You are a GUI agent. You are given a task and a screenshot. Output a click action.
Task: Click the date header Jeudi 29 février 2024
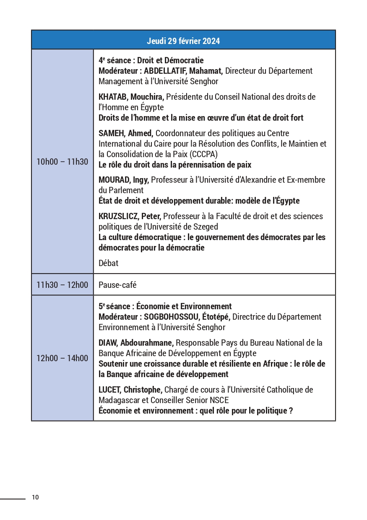coord(183,41)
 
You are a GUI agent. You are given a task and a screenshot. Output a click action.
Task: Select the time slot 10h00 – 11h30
coord(62,162)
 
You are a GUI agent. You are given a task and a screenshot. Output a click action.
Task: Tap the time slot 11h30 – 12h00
coord(62,285)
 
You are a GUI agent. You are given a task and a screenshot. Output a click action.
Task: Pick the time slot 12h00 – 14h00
coord(62,358)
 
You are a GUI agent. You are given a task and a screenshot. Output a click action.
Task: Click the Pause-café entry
coord(117,285)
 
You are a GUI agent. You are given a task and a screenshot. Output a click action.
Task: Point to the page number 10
coord(35,497)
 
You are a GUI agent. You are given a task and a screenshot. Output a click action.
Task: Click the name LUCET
coord(109,390)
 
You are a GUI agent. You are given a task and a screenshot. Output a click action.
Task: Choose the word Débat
coord(109,263)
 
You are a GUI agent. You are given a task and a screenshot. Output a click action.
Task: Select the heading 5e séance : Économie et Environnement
coord(165,306)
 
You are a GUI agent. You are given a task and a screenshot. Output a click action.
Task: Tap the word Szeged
coord(206,227)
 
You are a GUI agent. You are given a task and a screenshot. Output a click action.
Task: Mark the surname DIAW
coord(108,343)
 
